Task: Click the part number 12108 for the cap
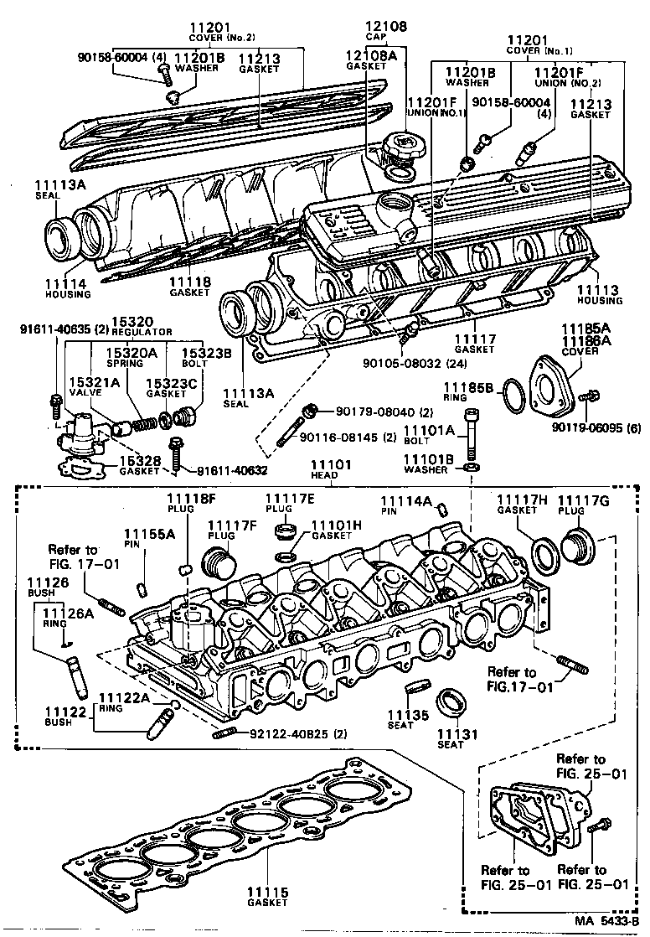click(x=388, y=26)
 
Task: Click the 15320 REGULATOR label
click(x=134, y=325)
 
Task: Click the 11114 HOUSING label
click(x=68, y=290)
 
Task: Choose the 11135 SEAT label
click(x=408, y=719)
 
